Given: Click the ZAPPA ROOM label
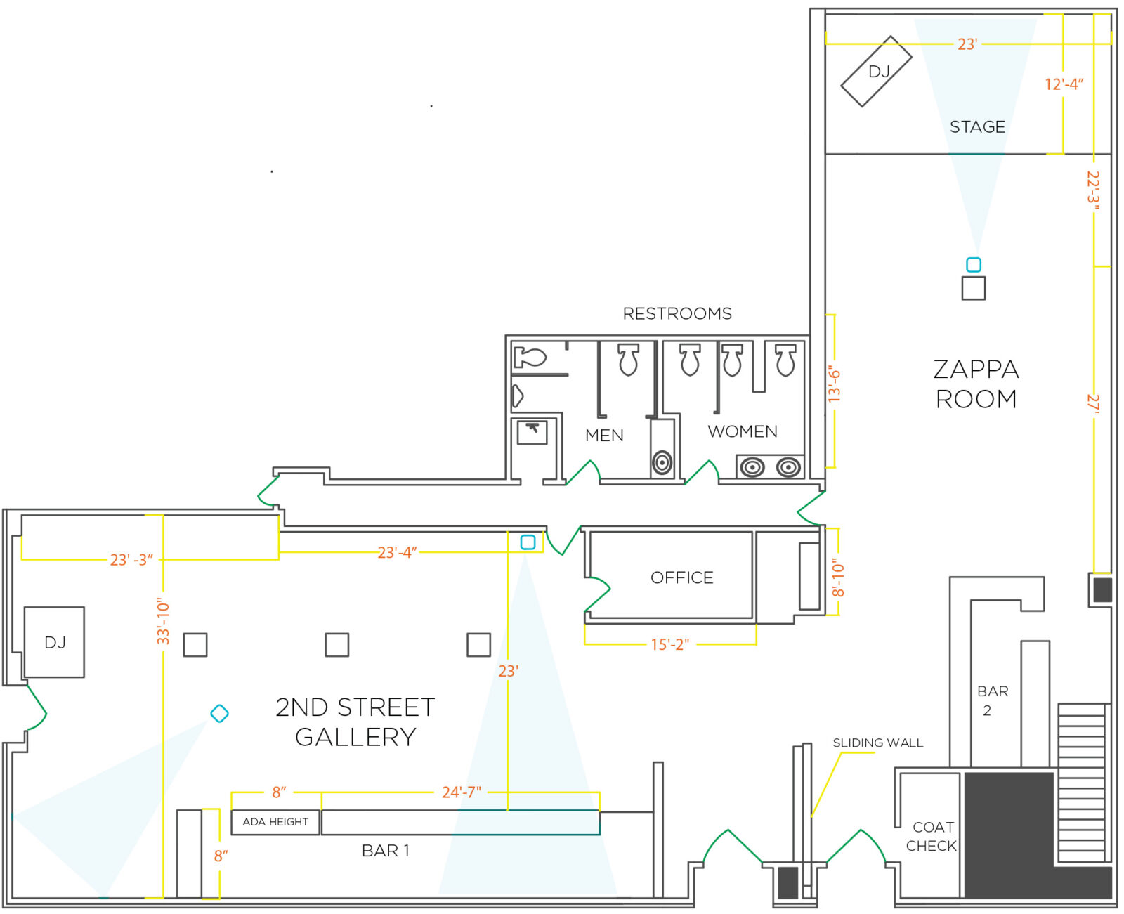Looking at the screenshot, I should pos(976,384).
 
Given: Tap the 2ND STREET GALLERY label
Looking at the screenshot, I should pos(355,722).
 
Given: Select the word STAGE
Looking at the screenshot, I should pos(977,127).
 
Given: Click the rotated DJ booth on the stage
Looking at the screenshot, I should pos(876,71).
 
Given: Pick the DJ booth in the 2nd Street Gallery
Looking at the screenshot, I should pos(55,642).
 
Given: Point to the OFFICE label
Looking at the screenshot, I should pos(681,577).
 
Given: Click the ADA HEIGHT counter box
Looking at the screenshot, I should pos(275,822).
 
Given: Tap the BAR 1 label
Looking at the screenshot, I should pos(385,851).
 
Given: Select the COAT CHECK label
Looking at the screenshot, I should pos(932,836).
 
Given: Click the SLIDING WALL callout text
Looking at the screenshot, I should pos(877,743).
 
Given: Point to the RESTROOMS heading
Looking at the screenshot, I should pos(677,313).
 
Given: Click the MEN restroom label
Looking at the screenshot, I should pos(604,436).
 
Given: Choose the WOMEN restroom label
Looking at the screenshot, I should pos(743,431).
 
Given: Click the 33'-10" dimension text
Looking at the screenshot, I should pos(163,621).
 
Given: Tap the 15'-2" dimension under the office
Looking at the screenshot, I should pos(670,644).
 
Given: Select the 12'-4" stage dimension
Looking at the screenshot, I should pos(1064,84).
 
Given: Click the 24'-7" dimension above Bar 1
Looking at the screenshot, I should pos(462,792).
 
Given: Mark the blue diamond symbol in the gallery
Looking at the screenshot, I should pos(220,714).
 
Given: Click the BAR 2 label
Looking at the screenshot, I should pos(992,700).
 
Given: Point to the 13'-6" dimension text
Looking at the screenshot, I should pos(834,384).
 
